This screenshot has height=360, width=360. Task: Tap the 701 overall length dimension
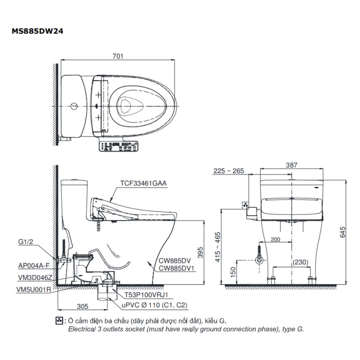point(118,56)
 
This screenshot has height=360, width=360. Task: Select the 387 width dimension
point(292,165)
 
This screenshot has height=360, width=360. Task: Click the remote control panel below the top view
point(118,146)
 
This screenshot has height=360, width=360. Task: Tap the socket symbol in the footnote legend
point(59,320)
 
